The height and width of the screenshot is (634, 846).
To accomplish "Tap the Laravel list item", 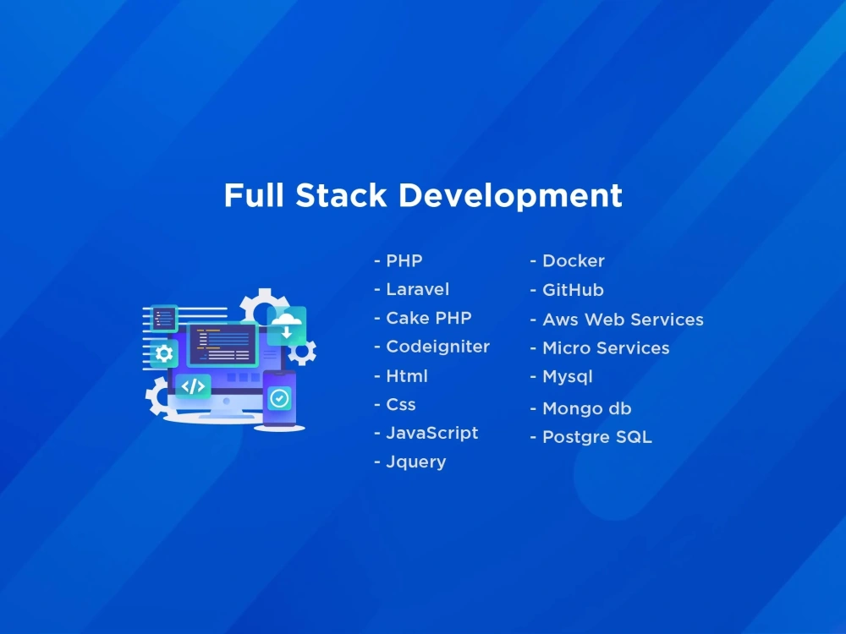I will click(x=417, y=289).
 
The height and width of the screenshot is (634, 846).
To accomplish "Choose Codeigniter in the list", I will click(x=437, y=347).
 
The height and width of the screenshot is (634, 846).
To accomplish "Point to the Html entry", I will click(x=407, y=376).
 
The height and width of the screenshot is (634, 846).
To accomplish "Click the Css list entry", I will click(x=401, y=405).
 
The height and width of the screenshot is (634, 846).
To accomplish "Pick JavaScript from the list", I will click(x=431, y=433).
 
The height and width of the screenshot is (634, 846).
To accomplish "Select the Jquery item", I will click(x=415, y=462).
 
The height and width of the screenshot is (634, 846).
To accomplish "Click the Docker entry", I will click(x=574, y=261).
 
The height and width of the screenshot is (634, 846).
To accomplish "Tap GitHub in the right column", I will click(x=573, y=290).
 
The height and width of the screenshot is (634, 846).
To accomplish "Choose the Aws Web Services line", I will click(x=623, y=320).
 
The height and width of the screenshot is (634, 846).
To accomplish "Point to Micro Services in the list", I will click(x=606, y=348).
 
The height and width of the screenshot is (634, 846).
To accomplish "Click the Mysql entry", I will click(x=567, y=377).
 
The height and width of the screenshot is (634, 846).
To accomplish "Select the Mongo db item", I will click(x=586, y=409).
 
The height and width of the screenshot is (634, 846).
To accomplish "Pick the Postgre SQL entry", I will click(x=596, y=438).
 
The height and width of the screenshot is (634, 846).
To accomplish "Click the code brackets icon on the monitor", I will click(x=194, y=386).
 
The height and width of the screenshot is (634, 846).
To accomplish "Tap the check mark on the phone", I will click(x=279, y=398).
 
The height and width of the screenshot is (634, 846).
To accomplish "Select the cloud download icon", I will click(x=287, y=325).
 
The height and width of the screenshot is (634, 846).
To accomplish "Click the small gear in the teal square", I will click(x=164, y=353).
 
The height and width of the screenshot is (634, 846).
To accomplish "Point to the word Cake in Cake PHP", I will click(x=406, y=318).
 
